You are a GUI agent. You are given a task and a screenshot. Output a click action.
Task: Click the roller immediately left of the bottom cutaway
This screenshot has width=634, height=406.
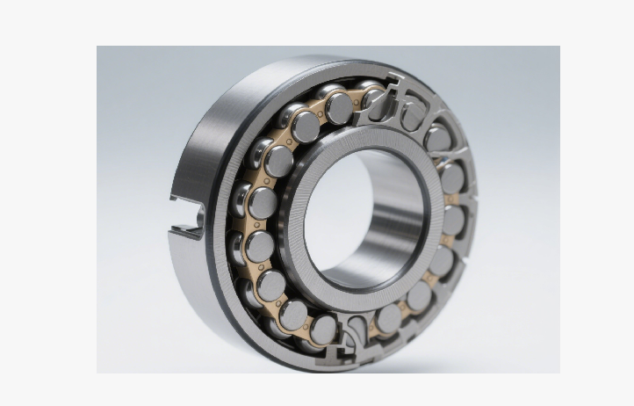[x=324, y=327]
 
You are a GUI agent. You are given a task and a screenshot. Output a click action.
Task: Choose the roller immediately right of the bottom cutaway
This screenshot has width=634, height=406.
[x=387, y=318]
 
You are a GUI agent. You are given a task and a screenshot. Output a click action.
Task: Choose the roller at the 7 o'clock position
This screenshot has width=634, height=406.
[x=295, y=313]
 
